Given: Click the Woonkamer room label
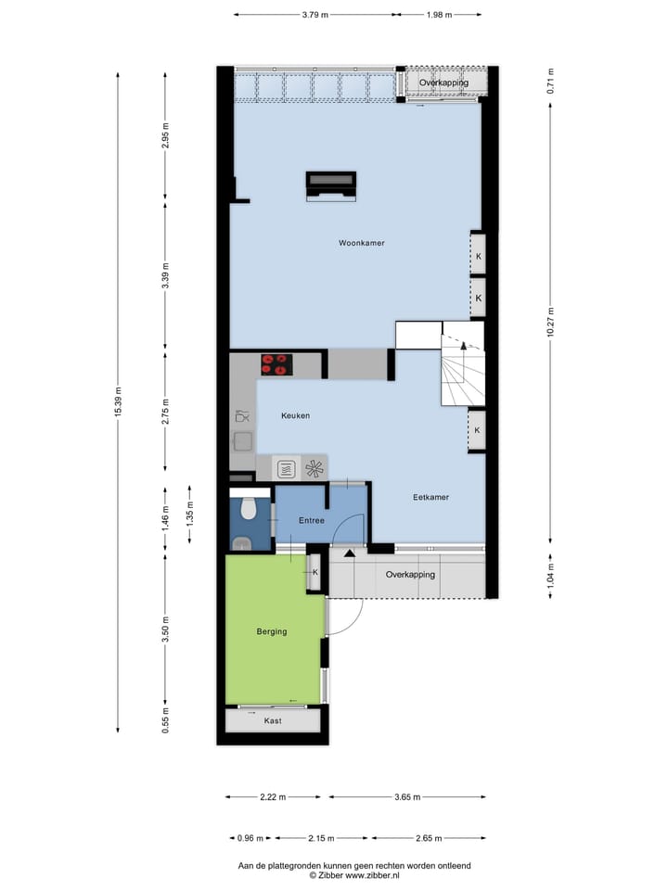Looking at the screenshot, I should [x=361, y=243].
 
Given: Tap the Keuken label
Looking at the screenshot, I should [x=295, y=416].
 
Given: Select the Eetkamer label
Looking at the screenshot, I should [x=430, y=497].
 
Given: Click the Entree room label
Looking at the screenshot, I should [x=311, y=521].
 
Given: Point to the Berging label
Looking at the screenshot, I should [x=272, y=631].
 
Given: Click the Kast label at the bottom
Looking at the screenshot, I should [x=272, y=720].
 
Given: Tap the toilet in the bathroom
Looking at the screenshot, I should [x=248, y=509].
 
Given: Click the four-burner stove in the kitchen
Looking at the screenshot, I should [x=276, y=364].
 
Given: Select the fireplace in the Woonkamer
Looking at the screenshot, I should [x=331, y=184].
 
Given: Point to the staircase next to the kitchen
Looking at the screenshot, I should [x=461, y=371].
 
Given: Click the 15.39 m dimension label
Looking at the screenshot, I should [x=118, y=402].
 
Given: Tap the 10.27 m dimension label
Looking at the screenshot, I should [x=550, y=328].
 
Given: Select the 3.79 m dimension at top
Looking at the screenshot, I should [x=315, y=15].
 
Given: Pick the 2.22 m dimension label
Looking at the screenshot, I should [x=273, y=797].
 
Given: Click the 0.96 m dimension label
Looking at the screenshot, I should [x=245, y=838].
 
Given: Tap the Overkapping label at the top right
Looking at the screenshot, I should [x=443, y=83].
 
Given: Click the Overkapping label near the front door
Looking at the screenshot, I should [x=410, y=575].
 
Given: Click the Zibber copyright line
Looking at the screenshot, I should [x=353, y=875].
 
